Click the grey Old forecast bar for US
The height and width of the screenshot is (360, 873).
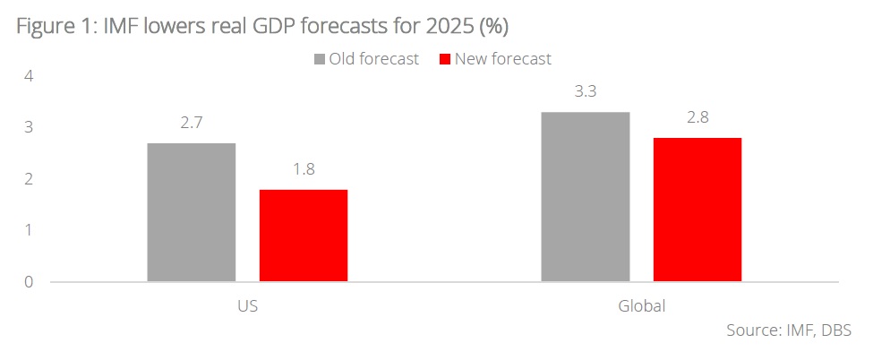(x=192, y=212)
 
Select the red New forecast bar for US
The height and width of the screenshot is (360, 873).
(x=304, y=236)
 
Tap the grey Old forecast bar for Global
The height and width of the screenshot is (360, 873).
(x=586, y=197)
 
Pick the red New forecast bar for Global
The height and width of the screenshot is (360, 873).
(x=698, y=210)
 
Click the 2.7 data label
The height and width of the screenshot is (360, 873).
(x=192, y=124)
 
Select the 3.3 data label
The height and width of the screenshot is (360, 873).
(x=586, y=92)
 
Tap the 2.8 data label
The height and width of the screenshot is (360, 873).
(x=698, y=118)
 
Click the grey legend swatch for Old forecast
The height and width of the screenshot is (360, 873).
(x=320, y=60)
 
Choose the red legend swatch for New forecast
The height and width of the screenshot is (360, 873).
(x=445, y=60)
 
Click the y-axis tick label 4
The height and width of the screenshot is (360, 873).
(x=29, y=76)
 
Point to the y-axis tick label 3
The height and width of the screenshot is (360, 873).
(x=29, y=128)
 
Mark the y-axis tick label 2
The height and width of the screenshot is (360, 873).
(x=29, y=179)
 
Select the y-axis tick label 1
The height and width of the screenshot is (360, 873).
(x=29, y=230)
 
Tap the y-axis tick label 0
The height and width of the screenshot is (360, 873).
(x=29, y=282)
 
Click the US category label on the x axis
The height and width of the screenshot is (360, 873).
(x=248, y=306)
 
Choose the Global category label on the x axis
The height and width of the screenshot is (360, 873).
(x=641, y=306)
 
